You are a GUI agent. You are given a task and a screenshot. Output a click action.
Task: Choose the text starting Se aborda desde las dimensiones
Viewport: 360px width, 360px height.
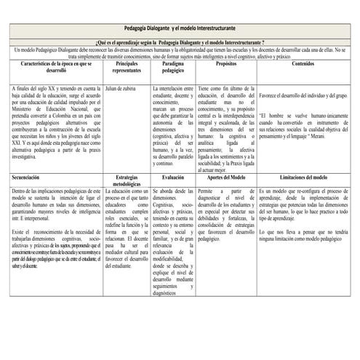pyautogui.click(x=173, y=240)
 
